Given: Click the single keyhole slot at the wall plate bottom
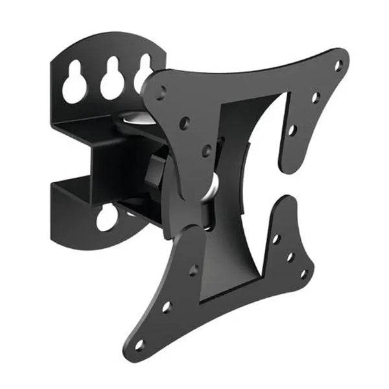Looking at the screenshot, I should tap(107, 218).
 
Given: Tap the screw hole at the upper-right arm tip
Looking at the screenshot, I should tap(338, 65).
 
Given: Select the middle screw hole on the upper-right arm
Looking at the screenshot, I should tap(316, 98).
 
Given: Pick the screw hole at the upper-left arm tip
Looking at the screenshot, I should tap(160, 91).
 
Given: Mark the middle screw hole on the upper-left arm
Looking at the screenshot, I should tap(184, 121).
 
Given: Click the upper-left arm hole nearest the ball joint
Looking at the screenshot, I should tap(206, 150).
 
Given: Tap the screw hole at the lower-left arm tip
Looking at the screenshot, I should tap(139, 344).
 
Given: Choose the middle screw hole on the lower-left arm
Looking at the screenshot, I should tap(167, 307).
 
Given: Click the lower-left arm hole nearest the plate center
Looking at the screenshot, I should tap(193, 270).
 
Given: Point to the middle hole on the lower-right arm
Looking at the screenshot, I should tap(290, 257).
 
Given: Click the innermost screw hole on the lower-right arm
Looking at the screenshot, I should tap(276, 239).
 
